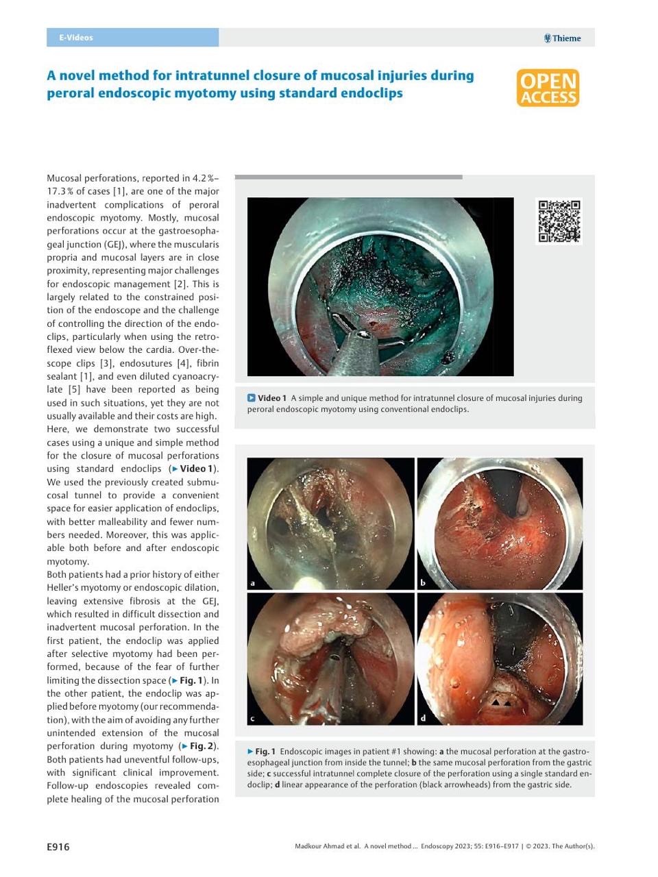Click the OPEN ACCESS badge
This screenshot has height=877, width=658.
tap(548, 88)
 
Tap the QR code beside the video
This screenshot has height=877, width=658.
tap(559, 221)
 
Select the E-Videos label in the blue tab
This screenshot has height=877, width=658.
tap(75, 38)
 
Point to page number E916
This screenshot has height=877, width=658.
tap(58, 847)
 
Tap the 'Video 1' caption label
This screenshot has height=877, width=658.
tap(267, 398)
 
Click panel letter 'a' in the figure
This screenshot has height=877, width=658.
tap(253, 584)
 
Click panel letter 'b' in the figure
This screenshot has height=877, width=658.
tap(423, 584)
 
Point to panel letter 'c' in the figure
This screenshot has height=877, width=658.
tap(252, 718)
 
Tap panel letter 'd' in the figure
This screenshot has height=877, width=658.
tap(423, 718)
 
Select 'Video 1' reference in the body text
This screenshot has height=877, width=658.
tap(195, 469)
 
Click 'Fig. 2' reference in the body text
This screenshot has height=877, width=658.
tap(202, 746)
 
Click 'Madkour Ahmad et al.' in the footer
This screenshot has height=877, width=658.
tap(327, 846)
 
